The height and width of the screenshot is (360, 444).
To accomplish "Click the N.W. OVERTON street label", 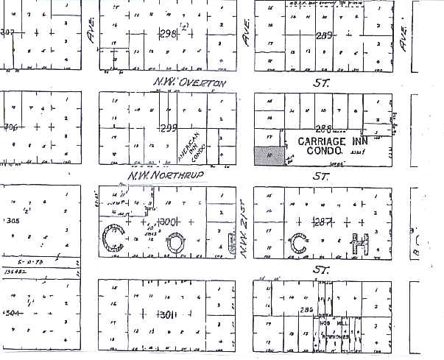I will click(x=189, y=83).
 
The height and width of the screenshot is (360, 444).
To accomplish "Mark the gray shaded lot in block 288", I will click(x=268, y=156).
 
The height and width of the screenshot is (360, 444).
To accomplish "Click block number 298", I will click(x=169, y=33).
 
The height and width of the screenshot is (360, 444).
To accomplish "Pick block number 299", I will click(x=169, y=127).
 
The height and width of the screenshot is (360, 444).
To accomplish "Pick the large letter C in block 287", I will click(x=299, y=242).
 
